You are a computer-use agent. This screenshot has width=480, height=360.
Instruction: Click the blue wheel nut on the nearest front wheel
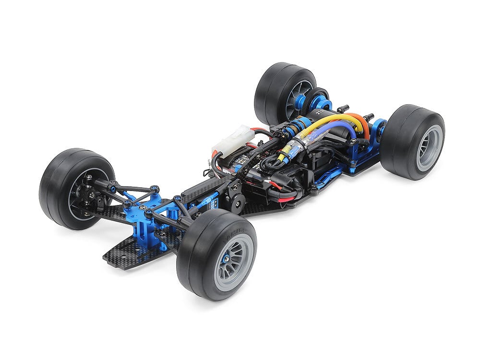(x=226, y=259)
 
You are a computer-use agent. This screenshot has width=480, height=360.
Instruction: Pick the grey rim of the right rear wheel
(x=429, y=148)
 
